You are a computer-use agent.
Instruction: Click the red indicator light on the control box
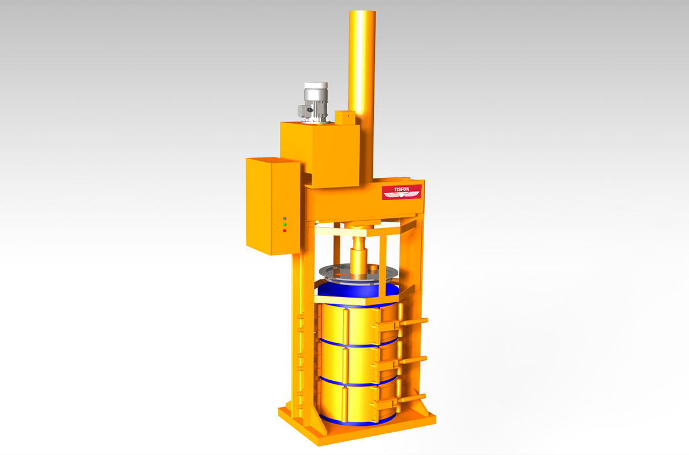284,231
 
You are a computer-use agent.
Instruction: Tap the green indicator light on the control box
284,225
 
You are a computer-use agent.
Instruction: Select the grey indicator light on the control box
284,218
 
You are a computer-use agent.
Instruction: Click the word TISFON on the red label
402,189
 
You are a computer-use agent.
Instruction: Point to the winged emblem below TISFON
402,195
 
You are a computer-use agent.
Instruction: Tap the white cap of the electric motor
316,86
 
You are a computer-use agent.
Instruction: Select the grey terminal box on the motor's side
303,111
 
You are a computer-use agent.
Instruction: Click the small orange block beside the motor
345,117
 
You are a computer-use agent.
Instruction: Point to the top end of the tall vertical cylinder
362,12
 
